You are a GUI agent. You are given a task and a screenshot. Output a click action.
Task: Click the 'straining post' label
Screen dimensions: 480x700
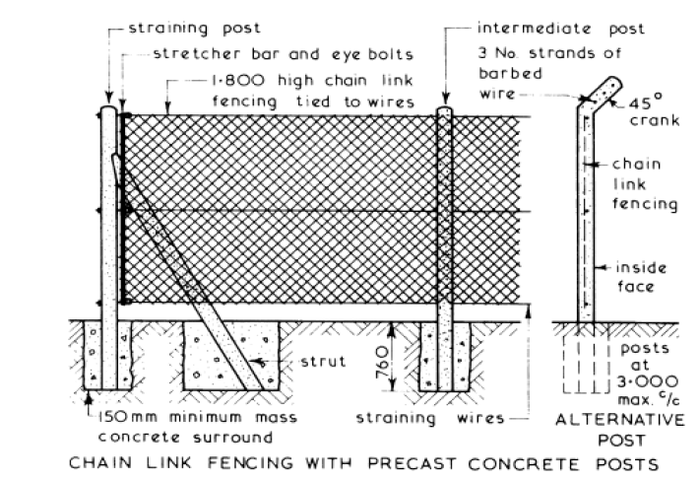pos(181,30)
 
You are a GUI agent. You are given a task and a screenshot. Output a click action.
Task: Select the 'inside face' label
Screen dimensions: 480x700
pos(641,277)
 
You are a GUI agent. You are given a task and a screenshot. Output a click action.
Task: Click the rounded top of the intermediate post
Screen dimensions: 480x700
pos(445,112)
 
